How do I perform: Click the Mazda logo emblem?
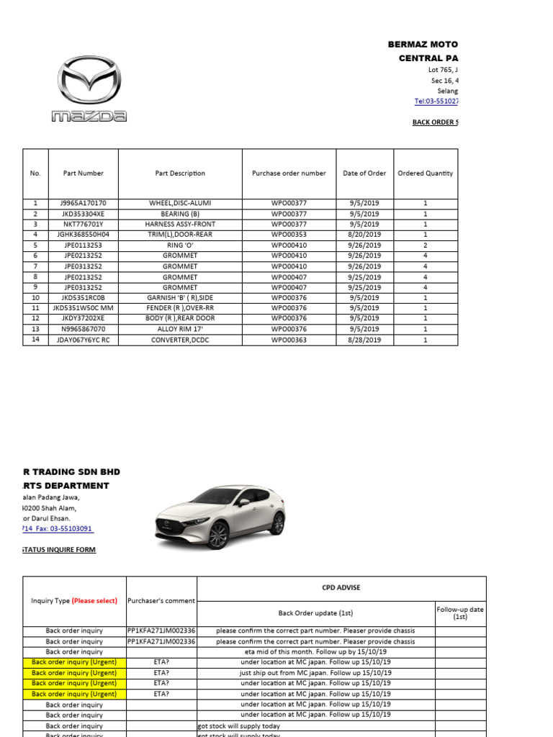tap(89, 81)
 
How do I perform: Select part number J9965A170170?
tap(83, 204)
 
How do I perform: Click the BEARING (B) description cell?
tap(180, 214)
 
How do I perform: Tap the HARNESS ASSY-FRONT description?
tap(180, 224)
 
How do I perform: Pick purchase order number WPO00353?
tap(289, 235)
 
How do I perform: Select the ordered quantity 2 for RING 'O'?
tap(425, 245)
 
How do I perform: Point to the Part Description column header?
tap(180, 173)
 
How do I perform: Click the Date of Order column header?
tap(364, 173)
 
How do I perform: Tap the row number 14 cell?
tap(35, 340)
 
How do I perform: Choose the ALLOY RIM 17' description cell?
tap(180, 329)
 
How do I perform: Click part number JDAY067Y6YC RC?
tap(83, 340)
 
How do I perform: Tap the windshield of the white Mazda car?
tap(215, 497)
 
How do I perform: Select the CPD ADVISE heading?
tap(341, 588)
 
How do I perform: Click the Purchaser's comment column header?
tap(161, 601)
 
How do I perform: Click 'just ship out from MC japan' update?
tap(315, 673)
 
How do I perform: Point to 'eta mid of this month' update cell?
tap(315, 651)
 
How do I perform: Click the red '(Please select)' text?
tap(94, 601)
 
